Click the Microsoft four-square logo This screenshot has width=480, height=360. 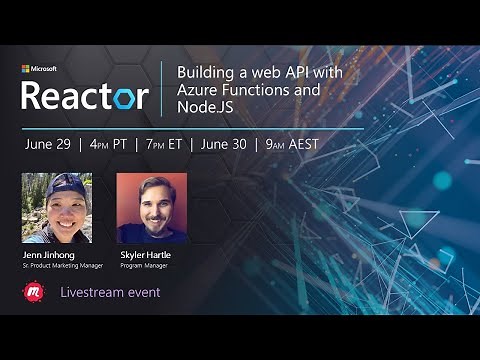(x=26, y=70)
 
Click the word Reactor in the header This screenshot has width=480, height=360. (x=85, y=96)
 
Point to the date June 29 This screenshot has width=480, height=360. (x=48, y=143)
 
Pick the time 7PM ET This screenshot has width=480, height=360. (x=159, y=143)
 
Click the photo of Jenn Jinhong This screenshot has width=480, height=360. (x=57, y=208)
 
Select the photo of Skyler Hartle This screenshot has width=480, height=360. (x=151, y=208)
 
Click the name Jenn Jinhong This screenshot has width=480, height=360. (x=49, y=256)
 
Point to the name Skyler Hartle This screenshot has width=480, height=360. (x=145, y=256)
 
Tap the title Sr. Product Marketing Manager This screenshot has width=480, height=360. (x=63, y=267)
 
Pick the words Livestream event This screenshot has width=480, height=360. (x=110, y=292)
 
